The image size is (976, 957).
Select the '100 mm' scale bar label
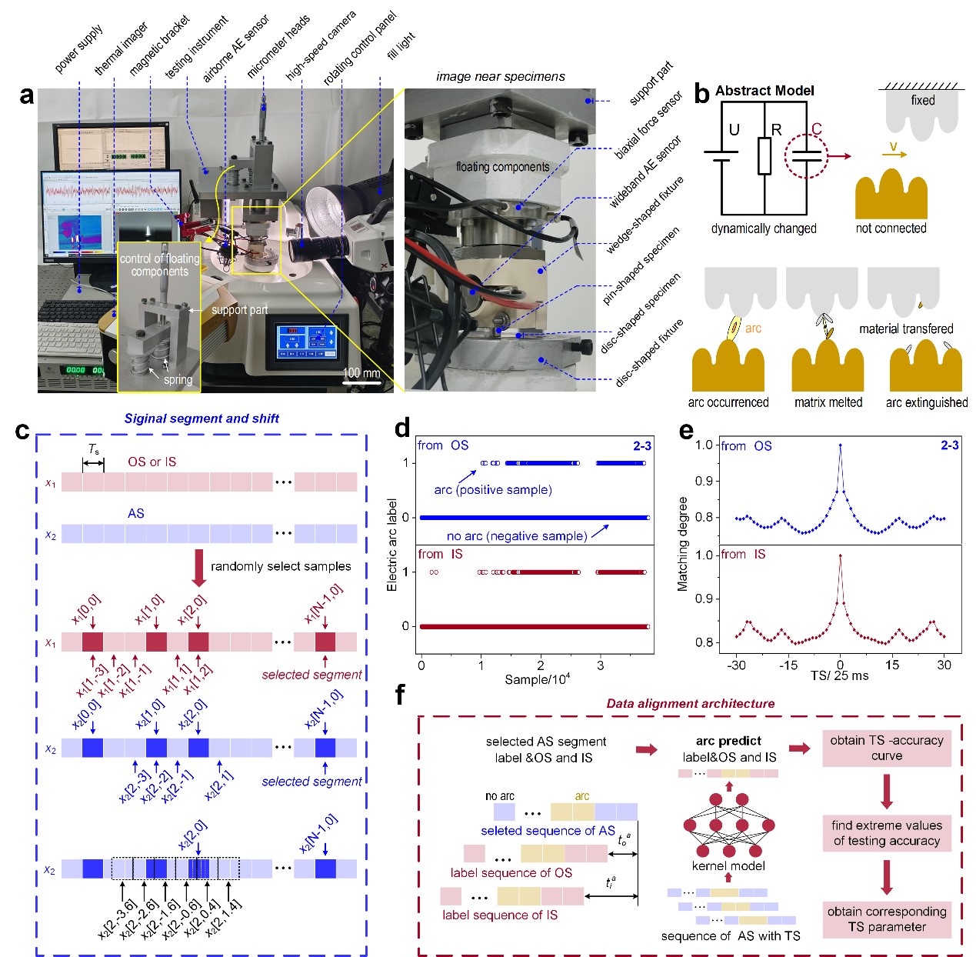tap(361, 373)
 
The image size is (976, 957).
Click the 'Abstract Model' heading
tap(764, 91)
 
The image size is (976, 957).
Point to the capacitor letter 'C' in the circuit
tap(816, 128)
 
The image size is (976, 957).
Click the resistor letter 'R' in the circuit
tap(776, 129)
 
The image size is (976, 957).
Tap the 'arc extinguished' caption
tap(926, 402)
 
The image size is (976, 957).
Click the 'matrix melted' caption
tap(828, 402)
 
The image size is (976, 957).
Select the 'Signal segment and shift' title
tap(202, 418)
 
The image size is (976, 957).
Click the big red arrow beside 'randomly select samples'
tap(198, 567)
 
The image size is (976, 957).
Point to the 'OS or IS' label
tap(152, 462)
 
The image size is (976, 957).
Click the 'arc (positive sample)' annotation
tap(493, 489)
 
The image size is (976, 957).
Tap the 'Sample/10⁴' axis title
tap(537, 679)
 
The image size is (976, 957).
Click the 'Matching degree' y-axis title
tap(682, 544)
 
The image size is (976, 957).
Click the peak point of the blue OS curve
tap(840, 445)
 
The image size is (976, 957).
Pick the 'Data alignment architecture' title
tap(690, 703)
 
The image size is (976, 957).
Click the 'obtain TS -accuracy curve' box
tap(886, 748)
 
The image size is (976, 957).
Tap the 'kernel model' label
tap(728, 866)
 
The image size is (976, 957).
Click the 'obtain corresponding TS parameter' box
tap(886, 919)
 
